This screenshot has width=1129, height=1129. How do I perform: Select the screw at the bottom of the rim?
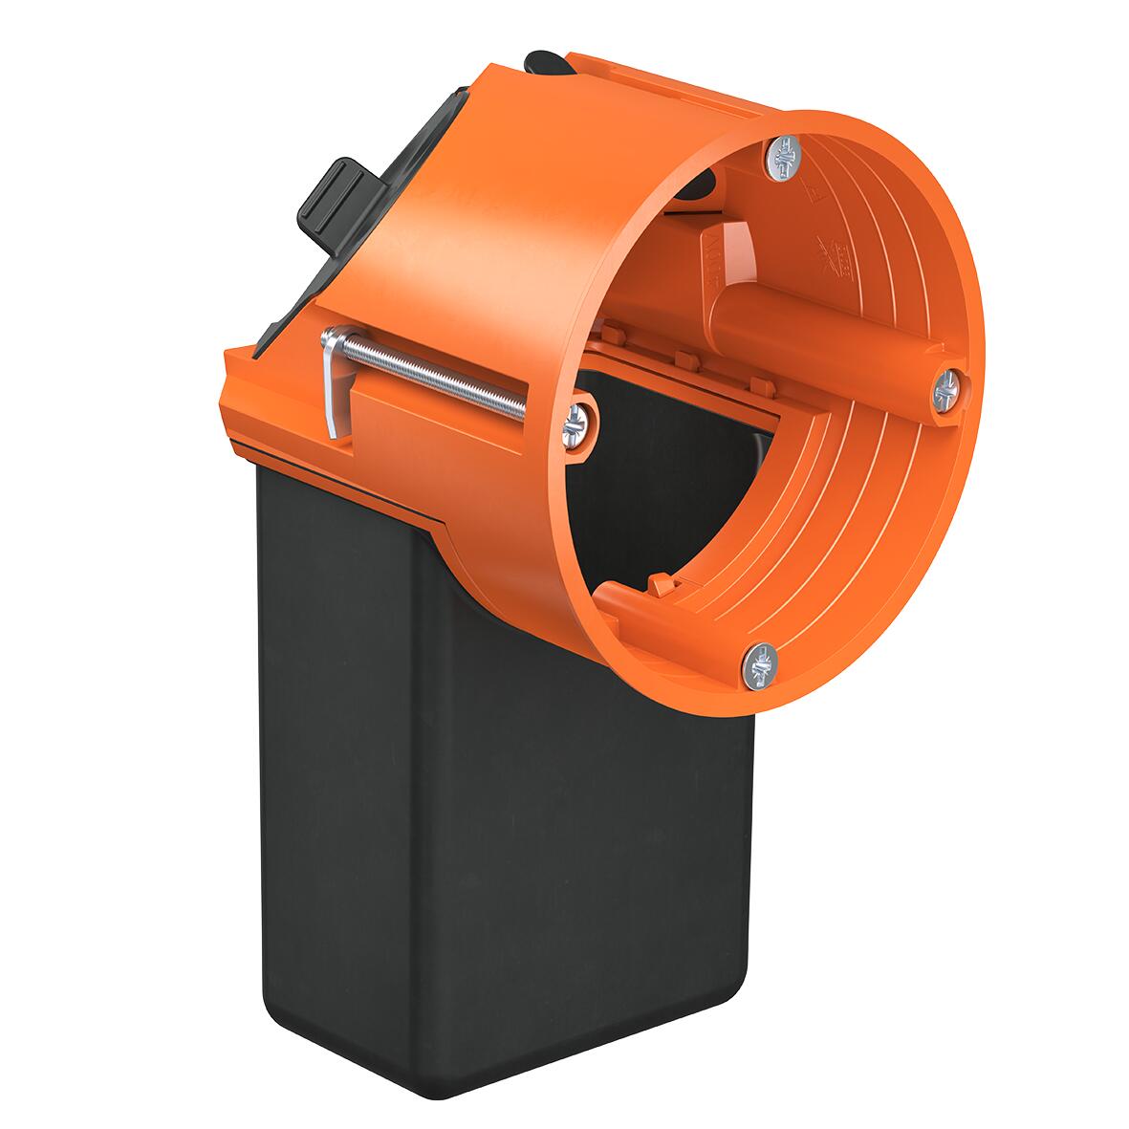[762, 661]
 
